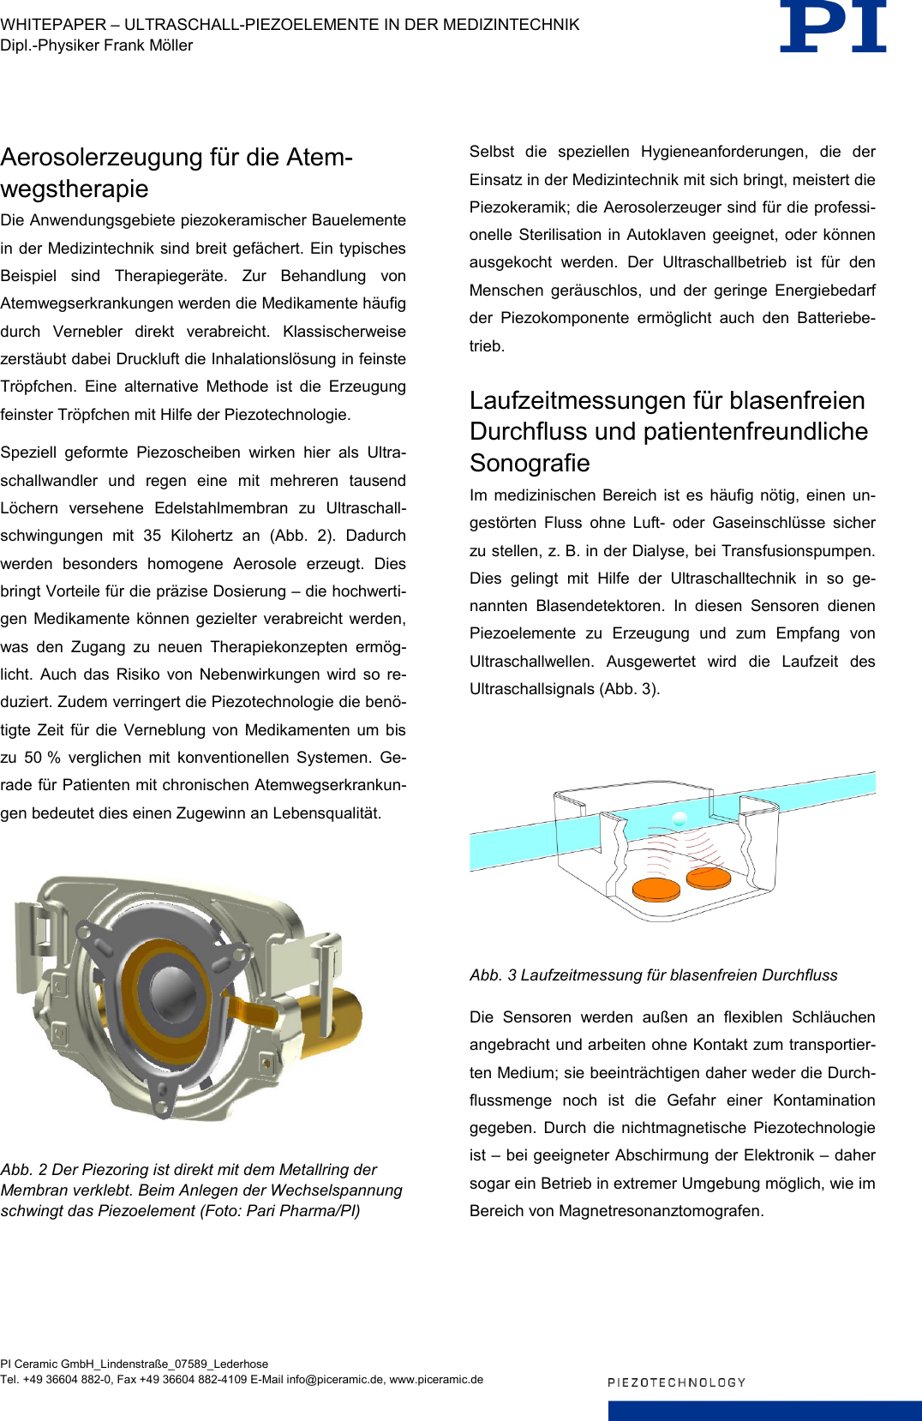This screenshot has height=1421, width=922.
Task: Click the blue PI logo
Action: pos(833,27)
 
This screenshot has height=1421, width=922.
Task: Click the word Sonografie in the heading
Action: pos(530,463)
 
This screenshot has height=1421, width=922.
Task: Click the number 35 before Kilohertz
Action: pos(153,536)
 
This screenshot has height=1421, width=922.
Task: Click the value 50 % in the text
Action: pos(42,758)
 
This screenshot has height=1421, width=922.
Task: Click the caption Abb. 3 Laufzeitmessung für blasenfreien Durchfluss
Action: pos(653,975)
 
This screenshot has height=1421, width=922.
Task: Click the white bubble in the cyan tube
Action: pos(680,818)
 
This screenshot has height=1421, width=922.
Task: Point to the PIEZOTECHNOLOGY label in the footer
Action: pos(676,1382)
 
